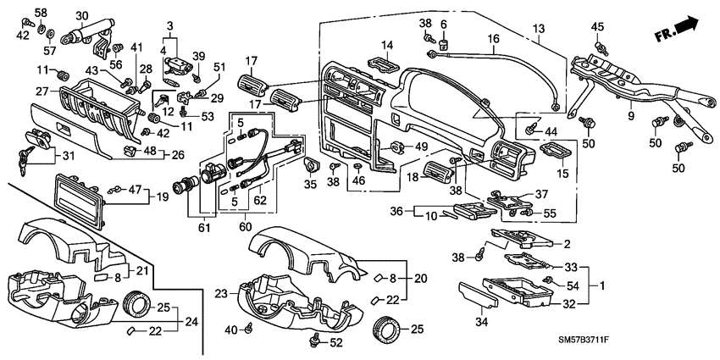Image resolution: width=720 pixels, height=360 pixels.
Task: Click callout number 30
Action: [81, 15]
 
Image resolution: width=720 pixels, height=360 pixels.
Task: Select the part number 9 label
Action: [629, 115]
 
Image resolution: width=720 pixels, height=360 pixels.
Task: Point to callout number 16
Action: [493, 38]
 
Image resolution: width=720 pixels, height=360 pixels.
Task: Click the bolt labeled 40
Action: [251, 327]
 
